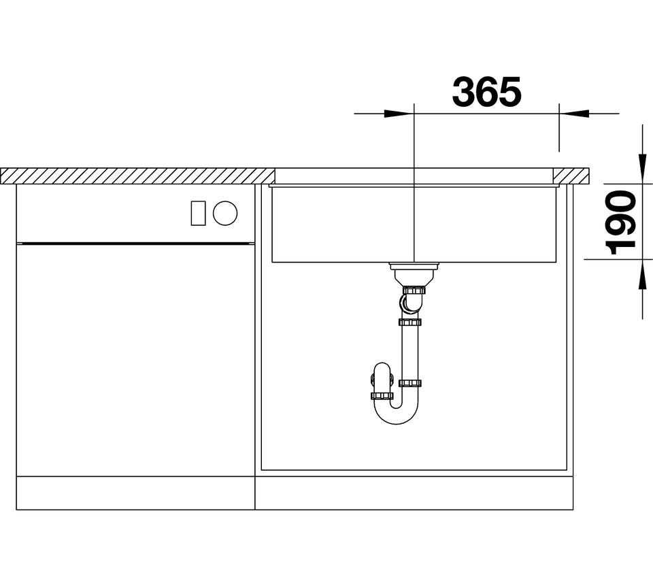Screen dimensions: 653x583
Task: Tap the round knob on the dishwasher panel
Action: [x=225, y=213]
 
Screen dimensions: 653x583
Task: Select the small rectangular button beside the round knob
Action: [x=198, y=213]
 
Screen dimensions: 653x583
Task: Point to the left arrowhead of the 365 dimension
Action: [x=399, y=114]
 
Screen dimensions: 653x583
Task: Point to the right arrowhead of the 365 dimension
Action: [x=574, y=114]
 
